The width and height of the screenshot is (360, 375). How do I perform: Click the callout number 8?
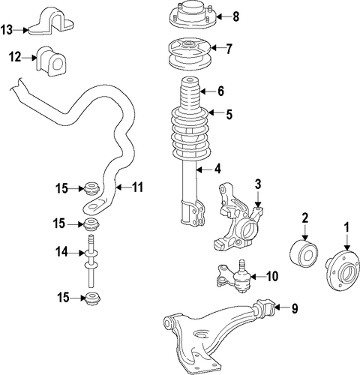[235, 16]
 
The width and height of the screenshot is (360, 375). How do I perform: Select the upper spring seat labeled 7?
[189, 55]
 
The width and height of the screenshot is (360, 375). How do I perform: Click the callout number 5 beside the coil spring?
[229, 114]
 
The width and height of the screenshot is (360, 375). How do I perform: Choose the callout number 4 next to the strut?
[217, 169]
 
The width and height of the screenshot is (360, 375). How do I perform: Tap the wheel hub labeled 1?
[343, 270]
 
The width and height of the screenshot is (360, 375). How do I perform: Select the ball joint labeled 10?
[235, 277]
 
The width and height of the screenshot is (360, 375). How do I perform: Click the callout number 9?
[295, 308]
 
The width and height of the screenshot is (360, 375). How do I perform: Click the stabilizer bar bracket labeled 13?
[51, 22]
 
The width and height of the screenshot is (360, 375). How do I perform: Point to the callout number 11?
[137, 187]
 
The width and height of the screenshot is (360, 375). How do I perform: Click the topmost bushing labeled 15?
[91, 189]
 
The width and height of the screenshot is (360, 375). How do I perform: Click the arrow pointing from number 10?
[257, 277]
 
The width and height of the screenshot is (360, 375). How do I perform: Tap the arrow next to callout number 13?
[20, 30]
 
